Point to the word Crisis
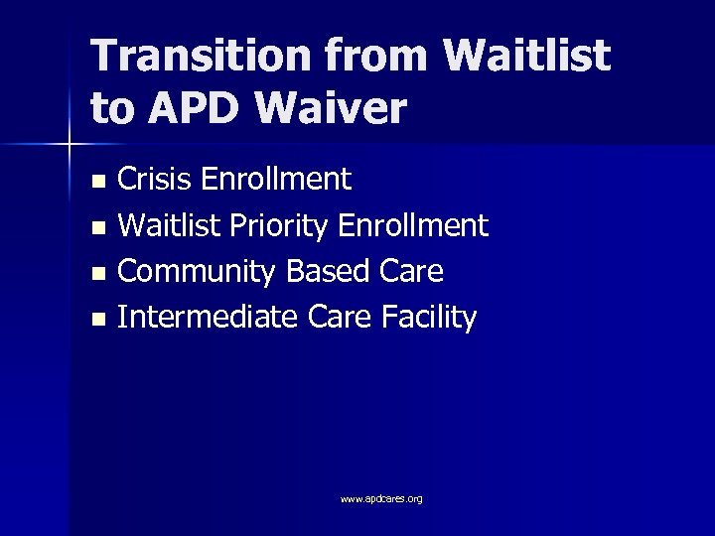click(155, 179)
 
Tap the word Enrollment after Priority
click(414, 225)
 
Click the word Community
click(198, 271)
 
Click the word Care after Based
click(408, 271)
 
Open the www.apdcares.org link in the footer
click(381, 498)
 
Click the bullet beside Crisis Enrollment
click(96, 182)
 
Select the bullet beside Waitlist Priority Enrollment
click(96, 228)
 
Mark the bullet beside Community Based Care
click(96, 274)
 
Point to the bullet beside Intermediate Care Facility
click(96, 321)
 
